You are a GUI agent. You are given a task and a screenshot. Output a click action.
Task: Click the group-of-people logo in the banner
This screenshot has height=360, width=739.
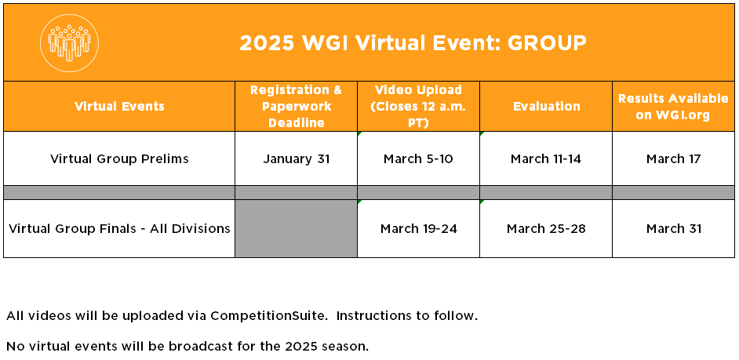(x=69, y=43)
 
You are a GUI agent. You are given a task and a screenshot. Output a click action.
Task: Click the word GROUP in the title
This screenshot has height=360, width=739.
(x=547, y=43)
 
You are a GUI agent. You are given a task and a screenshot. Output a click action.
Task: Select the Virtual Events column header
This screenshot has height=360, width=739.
(x=119, y=107)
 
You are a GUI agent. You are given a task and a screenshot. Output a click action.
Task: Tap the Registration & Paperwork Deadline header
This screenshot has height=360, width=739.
(x=296, y=107)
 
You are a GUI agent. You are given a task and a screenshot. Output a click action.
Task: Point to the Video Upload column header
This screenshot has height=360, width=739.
(x=418, y=107)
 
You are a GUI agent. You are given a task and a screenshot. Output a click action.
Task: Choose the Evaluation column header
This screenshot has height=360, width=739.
(x=546, y=107)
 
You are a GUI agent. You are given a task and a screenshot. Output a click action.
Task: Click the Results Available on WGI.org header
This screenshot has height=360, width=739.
(x=673, y=107)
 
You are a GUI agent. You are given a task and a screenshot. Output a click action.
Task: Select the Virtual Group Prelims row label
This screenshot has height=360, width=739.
(x=119, y=158)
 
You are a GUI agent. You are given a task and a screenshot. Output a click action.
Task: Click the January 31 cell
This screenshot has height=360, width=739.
(x=296, y=158)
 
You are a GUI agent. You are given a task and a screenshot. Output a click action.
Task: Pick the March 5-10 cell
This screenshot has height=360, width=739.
(x=418, y=158)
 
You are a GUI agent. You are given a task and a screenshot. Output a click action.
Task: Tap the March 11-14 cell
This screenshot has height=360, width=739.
(x=546, y=158)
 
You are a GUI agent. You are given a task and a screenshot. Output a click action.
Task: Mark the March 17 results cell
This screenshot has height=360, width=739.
(x=673, y=158)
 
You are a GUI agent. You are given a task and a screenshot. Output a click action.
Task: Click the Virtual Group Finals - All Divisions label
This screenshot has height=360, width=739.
(x=119, y=228)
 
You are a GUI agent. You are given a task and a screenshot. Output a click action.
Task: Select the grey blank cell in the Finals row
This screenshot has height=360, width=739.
(x=296, y=228)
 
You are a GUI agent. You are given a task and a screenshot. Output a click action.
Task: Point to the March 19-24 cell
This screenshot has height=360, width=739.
(x=418, y=228)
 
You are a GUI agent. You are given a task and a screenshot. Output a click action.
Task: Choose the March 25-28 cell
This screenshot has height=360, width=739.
(x=546, y=228)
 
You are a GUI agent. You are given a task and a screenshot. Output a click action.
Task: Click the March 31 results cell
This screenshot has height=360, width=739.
(x=673, y=228)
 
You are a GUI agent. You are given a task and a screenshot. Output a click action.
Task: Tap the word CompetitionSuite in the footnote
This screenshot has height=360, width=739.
(x=268, y=316)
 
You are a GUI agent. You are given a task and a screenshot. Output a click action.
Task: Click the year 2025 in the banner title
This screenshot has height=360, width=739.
(x=267, y=43)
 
